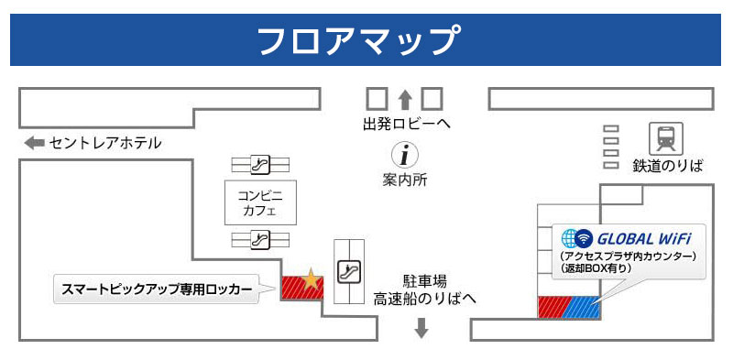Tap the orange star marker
[312, 279]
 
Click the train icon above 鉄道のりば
[665, 139]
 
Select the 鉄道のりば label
[667, 166]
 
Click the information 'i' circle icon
[405, 156]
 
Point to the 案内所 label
[405, 180]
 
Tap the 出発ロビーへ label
[407, 124]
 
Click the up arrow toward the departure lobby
[405, 98]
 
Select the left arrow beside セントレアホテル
[34, 143]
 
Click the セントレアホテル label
[105, 143]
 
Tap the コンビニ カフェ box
[260, 202]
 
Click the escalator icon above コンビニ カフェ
[260, 165]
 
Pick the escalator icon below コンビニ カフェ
[260, 240]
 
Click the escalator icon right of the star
[348, 271]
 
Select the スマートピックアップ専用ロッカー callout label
[156, 289]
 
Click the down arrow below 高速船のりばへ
[421, 327]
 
